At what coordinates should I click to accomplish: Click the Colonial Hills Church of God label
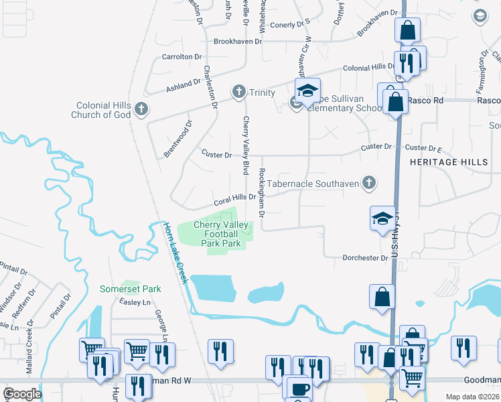tap(102, 110)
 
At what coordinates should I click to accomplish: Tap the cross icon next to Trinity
tap(238, 92)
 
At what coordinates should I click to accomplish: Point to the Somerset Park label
tap(131, 289)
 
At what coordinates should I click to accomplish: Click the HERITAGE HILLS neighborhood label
tap(449, 163)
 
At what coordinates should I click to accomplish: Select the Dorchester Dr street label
tap(366, 257)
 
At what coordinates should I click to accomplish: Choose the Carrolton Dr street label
tap(181, 58)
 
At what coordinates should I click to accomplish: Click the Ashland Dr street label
tap(183, 86)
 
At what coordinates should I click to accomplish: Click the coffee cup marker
tap(297, 387)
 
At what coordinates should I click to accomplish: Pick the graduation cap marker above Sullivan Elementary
tap(307, 90)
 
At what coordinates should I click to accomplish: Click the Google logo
tap(22, 394)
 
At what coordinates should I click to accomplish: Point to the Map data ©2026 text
tap(472, 397)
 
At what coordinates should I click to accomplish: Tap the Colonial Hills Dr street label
tap(369, 68)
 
